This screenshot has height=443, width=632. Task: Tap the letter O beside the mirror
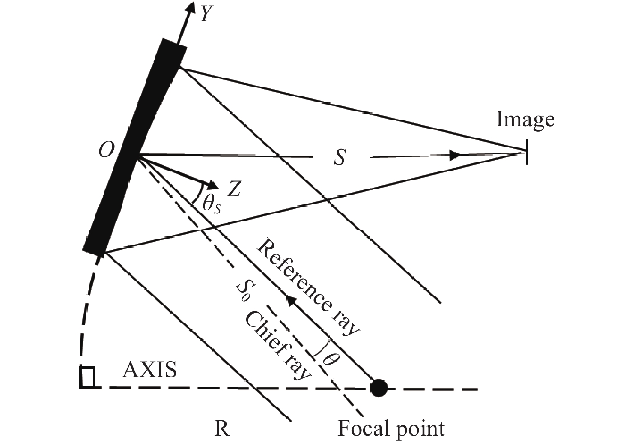[x=106, y=150]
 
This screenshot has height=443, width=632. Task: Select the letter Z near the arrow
[x=233, y=189]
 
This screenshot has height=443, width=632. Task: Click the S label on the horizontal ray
[x=340, y=157]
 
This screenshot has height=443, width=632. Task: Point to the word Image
[x=525, y=120]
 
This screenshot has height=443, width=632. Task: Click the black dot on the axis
[x=378, y=388]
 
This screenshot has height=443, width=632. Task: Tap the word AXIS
[x=149, y=369]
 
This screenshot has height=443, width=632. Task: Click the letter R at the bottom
[x=222, y=428]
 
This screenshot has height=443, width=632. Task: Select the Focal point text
[x=391, y=428]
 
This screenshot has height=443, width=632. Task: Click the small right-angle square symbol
[x=87, y=377]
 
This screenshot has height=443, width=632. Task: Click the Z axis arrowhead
[x=213, y=185]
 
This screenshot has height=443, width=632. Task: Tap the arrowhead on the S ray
[x=456, y=155]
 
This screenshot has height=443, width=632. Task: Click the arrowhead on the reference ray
[x=291, y=301]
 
